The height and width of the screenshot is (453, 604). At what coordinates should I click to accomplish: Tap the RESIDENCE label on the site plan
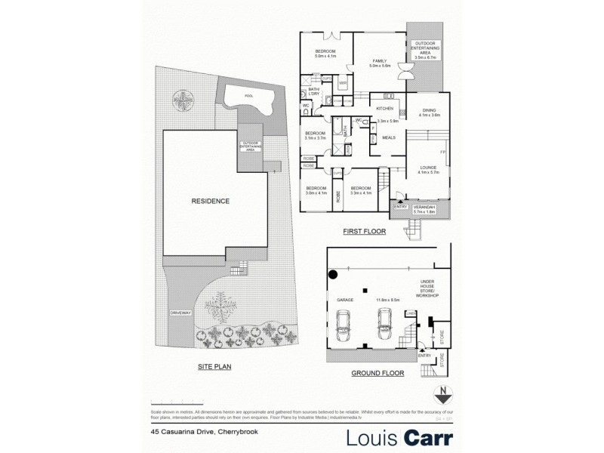[210, 201]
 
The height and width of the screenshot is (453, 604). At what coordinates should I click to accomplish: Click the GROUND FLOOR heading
[378, 373]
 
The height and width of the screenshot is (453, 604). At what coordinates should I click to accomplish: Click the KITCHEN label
[385, 108]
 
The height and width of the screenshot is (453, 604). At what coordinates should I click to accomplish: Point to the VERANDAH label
[425, 207]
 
